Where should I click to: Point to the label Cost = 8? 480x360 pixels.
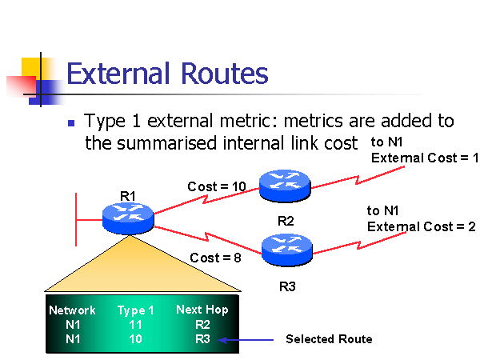click(x=214, y=258)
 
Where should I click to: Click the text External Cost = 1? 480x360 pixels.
click(x=424, y=158)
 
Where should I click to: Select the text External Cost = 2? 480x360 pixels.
click(x=422, y=226)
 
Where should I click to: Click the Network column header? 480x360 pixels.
click(x=72, y=310)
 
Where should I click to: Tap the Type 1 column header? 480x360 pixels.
click(x=136, y=310)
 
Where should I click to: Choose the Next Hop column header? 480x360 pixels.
click(x=202, y=310)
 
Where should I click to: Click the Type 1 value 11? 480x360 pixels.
click(x=135, y=326)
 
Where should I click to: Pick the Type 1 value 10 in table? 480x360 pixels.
click(x=135, y=339)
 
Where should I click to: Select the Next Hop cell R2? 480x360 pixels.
click(x=202, y=326)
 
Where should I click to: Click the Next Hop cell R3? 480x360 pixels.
click(x=202, y=339)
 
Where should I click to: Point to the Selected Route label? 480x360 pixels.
click(x=329, y=339)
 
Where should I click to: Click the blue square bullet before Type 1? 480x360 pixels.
click(x=71, y=124)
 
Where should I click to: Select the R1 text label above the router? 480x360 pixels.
click(x=128, y=195)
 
